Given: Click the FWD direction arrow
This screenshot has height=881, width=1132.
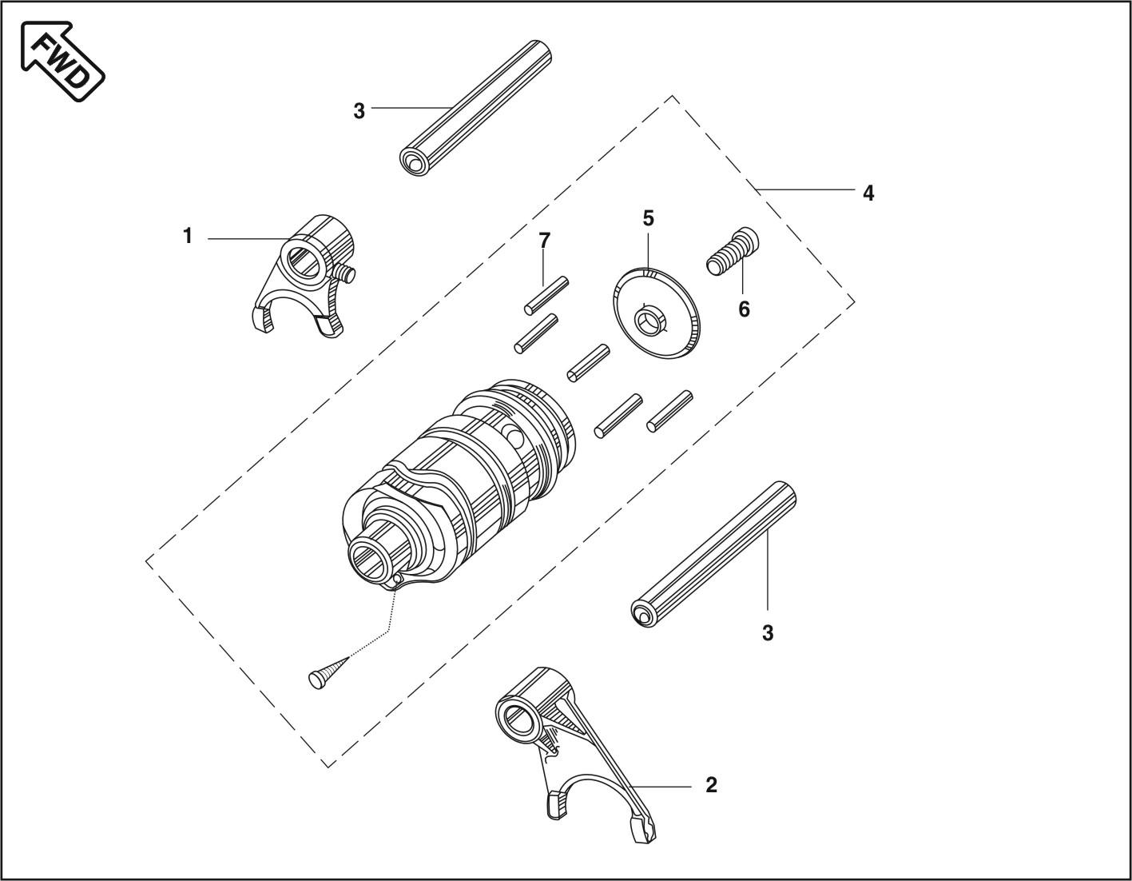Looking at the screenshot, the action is point(62,61).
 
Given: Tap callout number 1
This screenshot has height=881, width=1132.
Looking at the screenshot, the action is point(188,236).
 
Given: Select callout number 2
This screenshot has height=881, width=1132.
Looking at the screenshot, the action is point(712,785).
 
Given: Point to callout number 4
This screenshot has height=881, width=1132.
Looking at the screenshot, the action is point(868,193).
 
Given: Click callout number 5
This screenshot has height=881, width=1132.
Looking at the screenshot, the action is point(648,218).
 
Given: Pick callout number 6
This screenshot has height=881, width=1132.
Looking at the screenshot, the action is point(744,309).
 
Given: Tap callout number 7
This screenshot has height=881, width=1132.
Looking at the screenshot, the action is point(544,241).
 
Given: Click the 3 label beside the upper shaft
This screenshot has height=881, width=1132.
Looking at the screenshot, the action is point(359,111).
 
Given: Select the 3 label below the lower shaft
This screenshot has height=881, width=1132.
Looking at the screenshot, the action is point(768,633).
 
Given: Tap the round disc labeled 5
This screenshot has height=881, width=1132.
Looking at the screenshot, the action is point(657,313).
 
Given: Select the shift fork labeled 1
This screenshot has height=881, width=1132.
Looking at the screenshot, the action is point(300,275).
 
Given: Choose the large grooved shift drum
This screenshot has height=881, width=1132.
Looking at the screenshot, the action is point(459,486).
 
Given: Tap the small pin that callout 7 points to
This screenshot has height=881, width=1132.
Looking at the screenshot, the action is point(546,295).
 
